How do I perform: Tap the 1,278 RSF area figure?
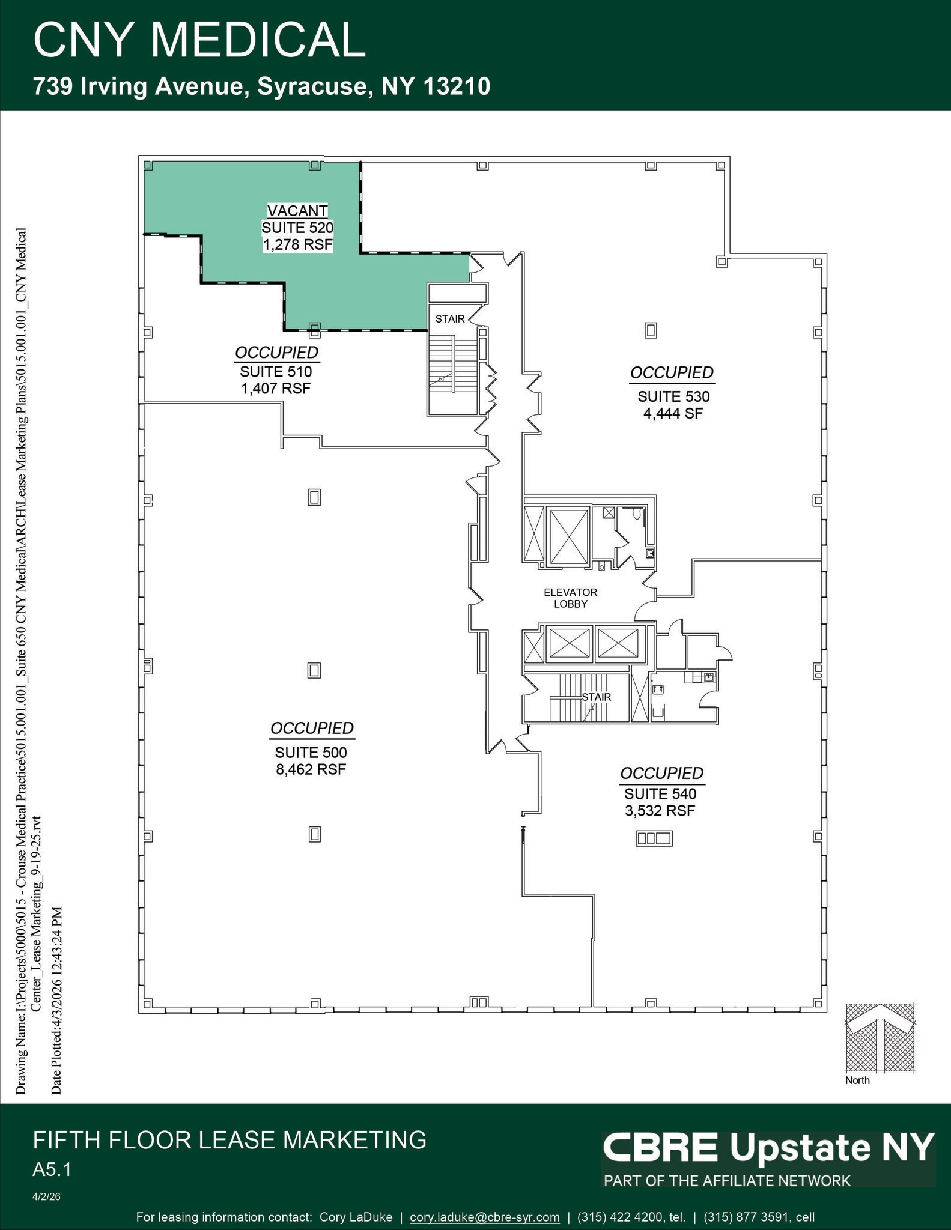pos(297,244)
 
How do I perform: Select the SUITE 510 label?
pos(276,372)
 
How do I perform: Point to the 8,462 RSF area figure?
pos(311,769)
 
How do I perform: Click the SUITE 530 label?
pos(673,396)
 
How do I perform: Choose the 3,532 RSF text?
pos(660,811)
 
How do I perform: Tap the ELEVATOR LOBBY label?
pos(570,598)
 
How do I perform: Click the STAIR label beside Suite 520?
pos(450,319)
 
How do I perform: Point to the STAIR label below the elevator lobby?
pos(596,697)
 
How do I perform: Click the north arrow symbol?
pos(880,1037)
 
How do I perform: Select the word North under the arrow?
pos(857,1080)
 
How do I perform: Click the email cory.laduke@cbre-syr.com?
pos(484,1217)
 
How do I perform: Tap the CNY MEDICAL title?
pos(199,40)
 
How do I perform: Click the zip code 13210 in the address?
pos(457,86)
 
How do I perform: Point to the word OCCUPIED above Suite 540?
pos(661,773)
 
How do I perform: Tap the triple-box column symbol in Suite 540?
pos(654,838)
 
